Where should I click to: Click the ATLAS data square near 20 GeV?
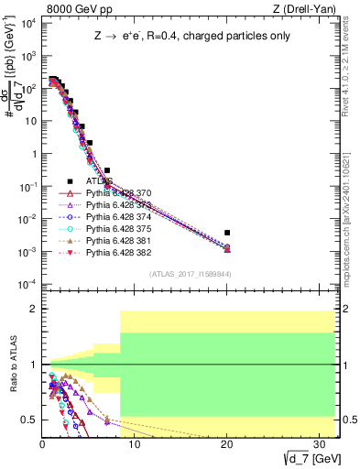click(227, 233)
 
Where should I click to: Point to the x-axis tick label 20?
click(226, 443)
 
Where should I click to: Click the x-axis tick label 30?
click(319, 443)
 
